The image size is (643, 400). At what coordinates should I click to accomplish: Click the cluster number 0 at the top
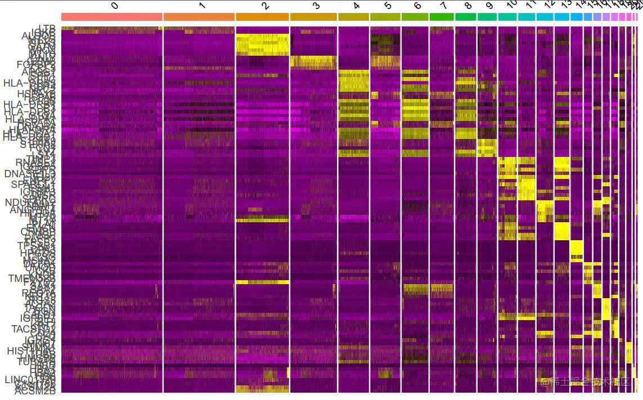115,6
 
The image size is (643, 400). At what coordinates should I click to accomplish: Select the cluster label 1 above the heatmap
202,6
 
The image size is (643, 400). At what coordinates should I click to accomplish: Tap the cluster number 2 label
266,6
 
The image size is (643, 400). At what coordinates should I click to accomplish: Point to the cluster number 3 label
316,6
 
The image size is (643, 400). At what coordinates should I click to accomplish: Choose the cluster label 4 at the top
357,6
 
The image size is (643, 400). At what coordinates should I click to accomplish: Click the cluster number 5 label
388,6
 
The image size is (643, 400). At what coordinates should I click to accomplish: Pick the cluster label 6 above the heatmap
417,6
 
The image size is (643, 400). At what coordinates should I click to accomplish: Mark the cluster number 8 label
468,6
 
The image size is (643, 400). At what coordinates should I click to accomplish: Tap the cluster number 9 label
489,6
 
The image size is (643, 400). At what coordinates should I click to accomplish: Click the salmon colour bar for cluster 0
111,17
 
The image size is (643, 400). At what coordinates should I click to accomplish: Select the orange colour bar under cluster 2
263,17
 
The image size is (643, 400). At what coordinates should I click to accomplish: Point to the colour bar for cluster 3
313,17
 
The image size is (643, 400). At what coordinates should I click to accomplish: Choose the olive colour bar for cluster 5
385,17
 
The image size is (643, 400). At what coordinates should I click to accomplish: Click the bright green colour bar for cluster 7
442,17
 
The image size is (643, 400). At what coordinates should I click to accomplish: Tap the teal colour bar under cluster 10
507,17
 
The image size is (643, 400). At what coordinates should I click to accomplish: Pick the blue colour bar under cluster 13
561,17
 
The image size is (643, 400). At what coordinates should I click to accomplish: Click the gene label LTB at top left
47,28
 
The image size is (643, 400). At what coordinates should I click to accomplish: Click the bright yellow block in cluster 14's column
576,248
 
